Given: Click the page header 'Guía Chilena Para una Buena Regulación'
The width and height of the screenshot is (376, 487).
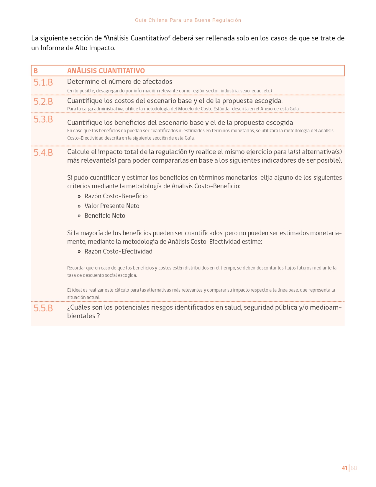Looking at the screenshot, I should pos(188,20).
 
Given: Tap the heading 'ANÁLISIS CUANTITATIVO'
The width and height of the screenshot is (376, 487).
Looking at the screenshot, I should pos(106,71).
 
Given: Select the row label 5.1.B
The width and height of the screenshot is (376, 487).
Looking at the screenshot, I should pos(43,82).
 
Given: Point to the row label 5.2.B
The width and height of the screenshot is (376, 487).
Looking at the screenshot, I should pos(43,102).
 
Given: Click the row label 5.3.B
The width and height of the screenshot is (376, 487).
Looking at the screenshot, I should pos(43,119).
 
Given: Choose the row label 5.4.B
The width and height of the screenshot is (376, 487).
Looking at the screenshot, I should pos(43,153).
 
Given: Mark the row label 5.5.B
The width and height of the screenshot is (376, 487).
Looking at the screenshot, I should pos(43,308).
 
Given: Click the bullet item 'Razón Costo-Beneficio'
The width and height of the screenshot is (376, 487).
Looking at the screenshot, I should pos(116,196).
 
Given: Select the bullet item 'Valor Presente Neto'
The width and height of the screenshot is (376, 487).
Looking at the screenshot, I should pos(112,206).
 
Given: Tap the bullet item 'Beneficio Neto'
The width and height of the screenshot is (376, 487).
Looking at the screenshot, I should pos(105,216).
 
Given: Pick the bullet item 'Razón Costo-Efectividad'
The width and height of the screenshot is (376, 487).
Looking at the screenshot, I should pos(118,251).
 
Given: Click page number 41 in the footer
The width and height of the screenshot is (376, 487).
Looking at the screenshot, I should pos(344,468).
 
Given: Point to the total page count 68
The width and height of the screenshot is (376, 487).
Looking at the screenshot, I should pos(354,468).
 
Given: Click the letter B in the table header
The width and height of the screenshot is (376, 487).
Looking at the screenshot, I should pos(36,71).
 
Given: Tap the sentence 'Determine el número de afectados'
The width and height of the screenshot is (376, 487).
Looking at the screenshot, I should pos(119,81).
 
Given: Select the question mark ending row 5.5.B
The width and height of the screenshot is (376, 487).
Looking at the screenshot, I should pos(98,316).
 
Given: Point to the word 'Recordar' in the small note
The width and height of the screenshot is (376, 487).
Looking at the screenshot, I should pos(76,268).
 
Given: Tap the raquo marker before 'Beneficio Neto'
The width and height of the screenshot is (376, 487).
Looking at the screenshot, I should pos(79,216).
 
